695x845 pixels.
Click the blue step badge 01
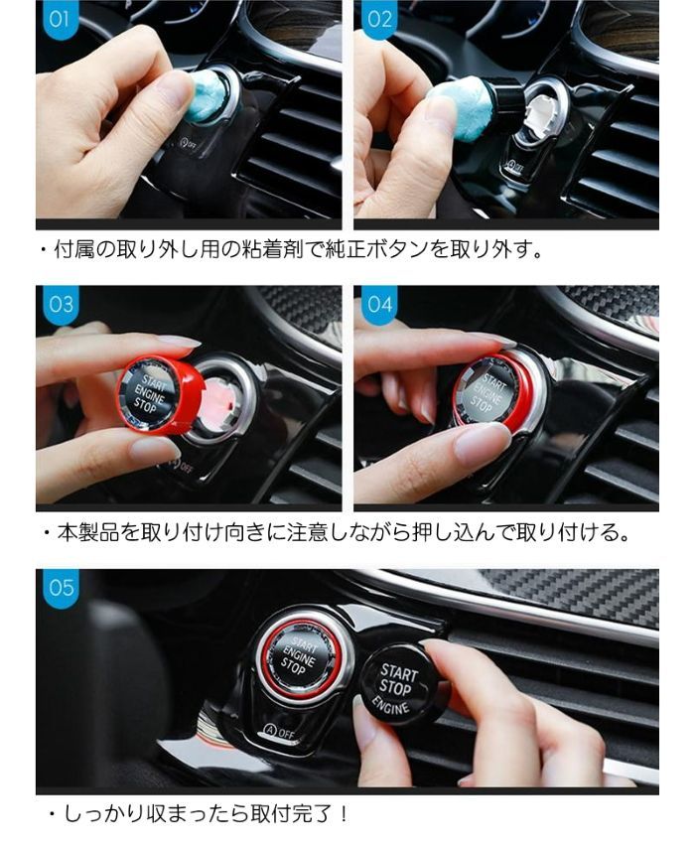(x=60, y=20)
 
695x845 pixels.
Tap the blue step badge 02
(x=378, y=20)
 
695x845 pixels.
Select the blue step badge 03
(x=61, y=305)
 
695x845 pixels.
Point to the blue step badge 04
(x=379, y=305)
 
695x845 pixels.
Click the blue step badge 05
(x=61, y=588)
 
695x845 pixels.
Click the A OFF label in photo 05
(x=279, y=732)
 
